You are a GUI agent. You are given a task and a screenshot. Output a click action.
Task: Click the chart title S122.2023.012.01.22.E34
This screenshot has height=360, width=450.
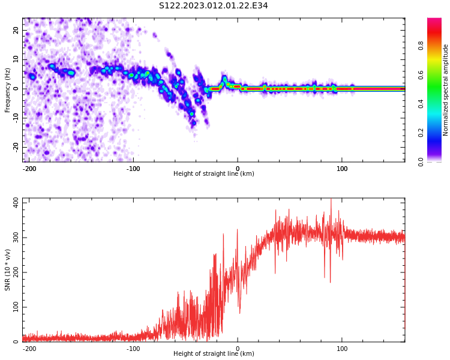213,6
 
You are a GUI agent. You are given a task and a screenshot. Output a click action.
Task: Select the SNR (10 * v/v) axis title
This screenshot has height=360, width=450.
8,271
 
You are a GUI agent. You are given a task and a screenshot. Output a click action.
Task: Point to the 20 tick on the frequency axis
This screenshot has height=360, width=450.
16,30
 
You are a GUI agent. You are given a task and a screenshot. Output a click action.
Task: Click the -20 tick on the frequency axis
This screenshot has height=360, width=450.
15,147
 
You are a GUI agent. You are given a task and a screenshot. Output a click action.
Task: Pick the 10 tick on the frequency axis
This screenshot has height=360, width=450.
16,59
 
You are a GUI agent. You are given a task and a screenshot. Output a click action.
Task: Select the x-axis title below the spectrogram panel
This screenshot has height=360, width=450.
214,174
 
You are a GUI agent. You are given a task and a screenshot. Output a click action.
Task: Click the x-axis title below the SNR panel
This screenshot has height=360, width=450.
214,354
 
